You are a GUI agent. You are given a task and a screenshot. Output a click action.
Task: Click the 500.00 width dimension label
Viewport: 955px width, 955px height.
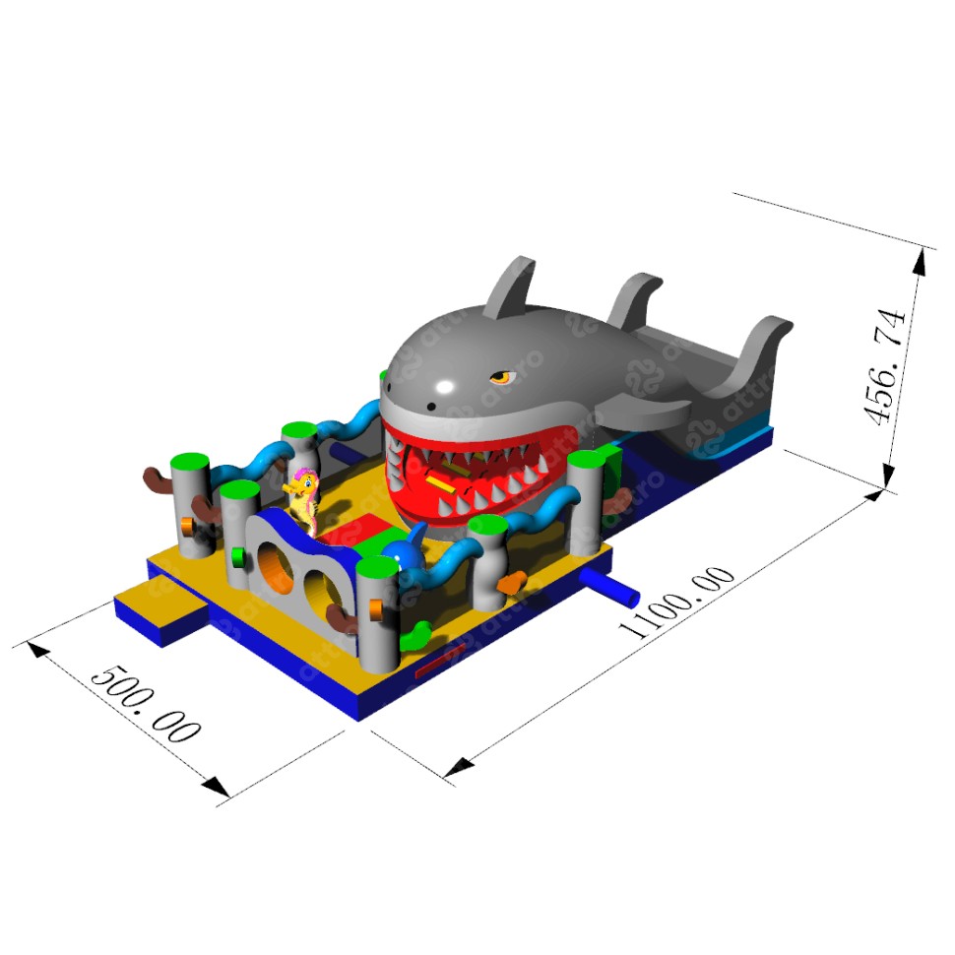(146, 704)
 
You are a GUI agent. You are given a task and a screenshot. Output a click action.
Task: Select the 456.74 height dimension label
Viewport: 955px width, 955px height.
(885, 366)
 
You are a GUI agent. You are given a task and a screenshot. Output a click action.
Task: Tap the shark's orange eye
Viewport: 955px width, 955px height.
(502, 377)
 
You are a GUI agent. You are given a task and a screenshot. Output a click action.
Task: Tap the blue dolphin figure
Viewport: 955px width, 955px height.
(406, 548)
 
